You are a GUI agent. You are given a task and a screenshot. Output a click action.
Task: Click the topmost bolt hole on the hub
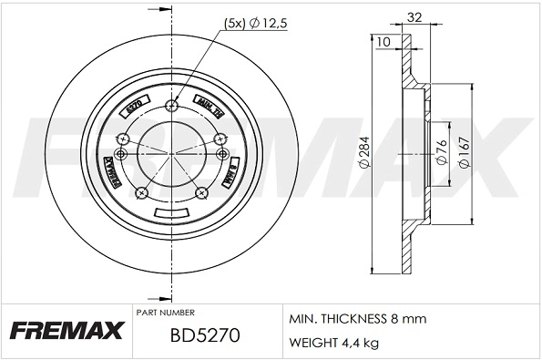pos(172,108)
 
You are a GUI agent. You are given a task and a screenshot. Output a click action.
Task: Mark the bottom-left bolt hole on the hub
pos(143,192)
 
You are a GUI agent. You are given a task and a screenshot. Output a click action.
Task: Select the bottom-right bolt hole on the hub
pos(201,192)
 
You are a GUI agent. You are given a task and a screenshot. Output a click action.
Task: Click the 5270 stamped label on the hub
pos(133,108)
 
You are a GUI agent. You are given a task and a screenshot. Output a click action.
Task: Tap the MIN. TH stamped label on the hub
pos(210,109)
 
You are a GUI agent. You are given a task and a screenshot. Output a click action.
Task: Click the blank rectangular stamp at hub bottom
pos(171,213)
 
